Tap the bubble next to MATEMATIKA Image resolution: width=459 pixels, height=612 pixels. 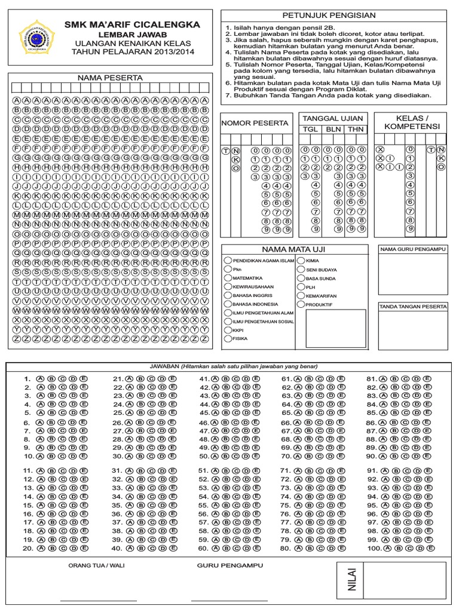coord(228,278)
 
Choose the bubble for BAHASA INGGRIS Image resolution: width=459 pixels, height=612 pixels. coord(228,295)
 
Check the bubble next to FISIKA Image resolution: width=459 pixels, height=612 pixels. coord(228,338)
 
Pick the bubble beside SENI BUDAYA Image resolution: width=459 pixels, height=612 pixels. coord(301,270)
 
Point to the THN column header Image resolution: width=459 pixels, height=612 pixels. coord(355,129)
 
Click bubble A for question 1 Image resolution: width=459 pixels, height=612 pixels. coord(40,378)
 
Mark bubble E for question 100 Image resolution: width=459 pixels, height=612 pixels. coord(430,548)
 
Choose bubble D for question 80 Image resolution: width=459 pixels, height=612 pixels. coord(329,548)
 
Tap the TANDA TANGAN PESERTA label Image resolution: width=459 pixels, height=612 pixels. coord(412,307)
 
